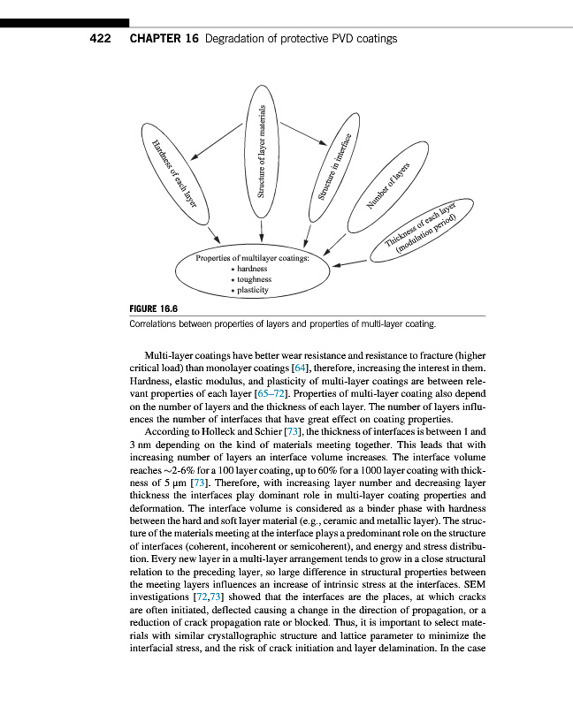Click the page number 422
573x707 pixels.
pyautogui.click(x=100, y=39)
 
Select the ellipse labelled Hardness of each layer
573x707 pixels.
pyautogui.click(x=172, y=172)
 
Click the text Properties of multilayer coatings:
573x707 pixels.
pyautogui.click(x=252, y=258)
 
